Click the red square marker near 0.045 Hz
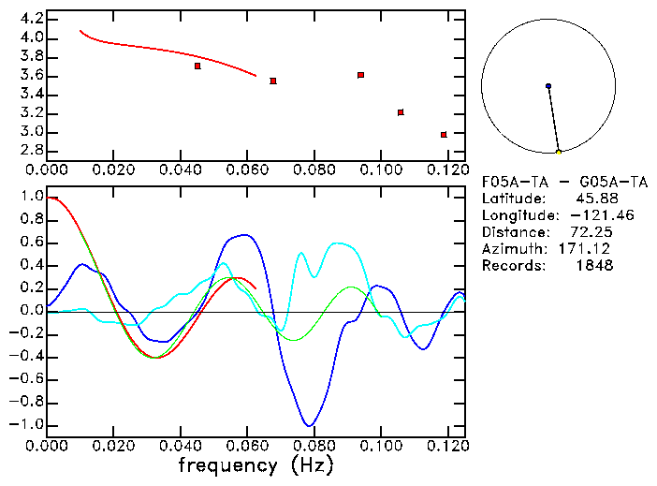197,66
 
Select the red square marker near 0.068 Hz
272,81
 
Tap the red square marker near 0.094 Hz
360,75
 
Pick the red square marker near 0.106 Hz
401,112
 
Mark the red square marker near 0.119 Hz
444,135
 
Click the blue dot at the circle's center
548,86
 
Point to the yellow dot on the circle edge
559,152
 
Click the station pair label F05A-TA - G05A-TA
564,183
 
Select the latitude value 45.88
591,199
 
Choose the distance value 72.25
591,232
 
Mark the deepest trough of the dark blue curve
309,425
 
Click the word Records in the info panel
511,266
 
